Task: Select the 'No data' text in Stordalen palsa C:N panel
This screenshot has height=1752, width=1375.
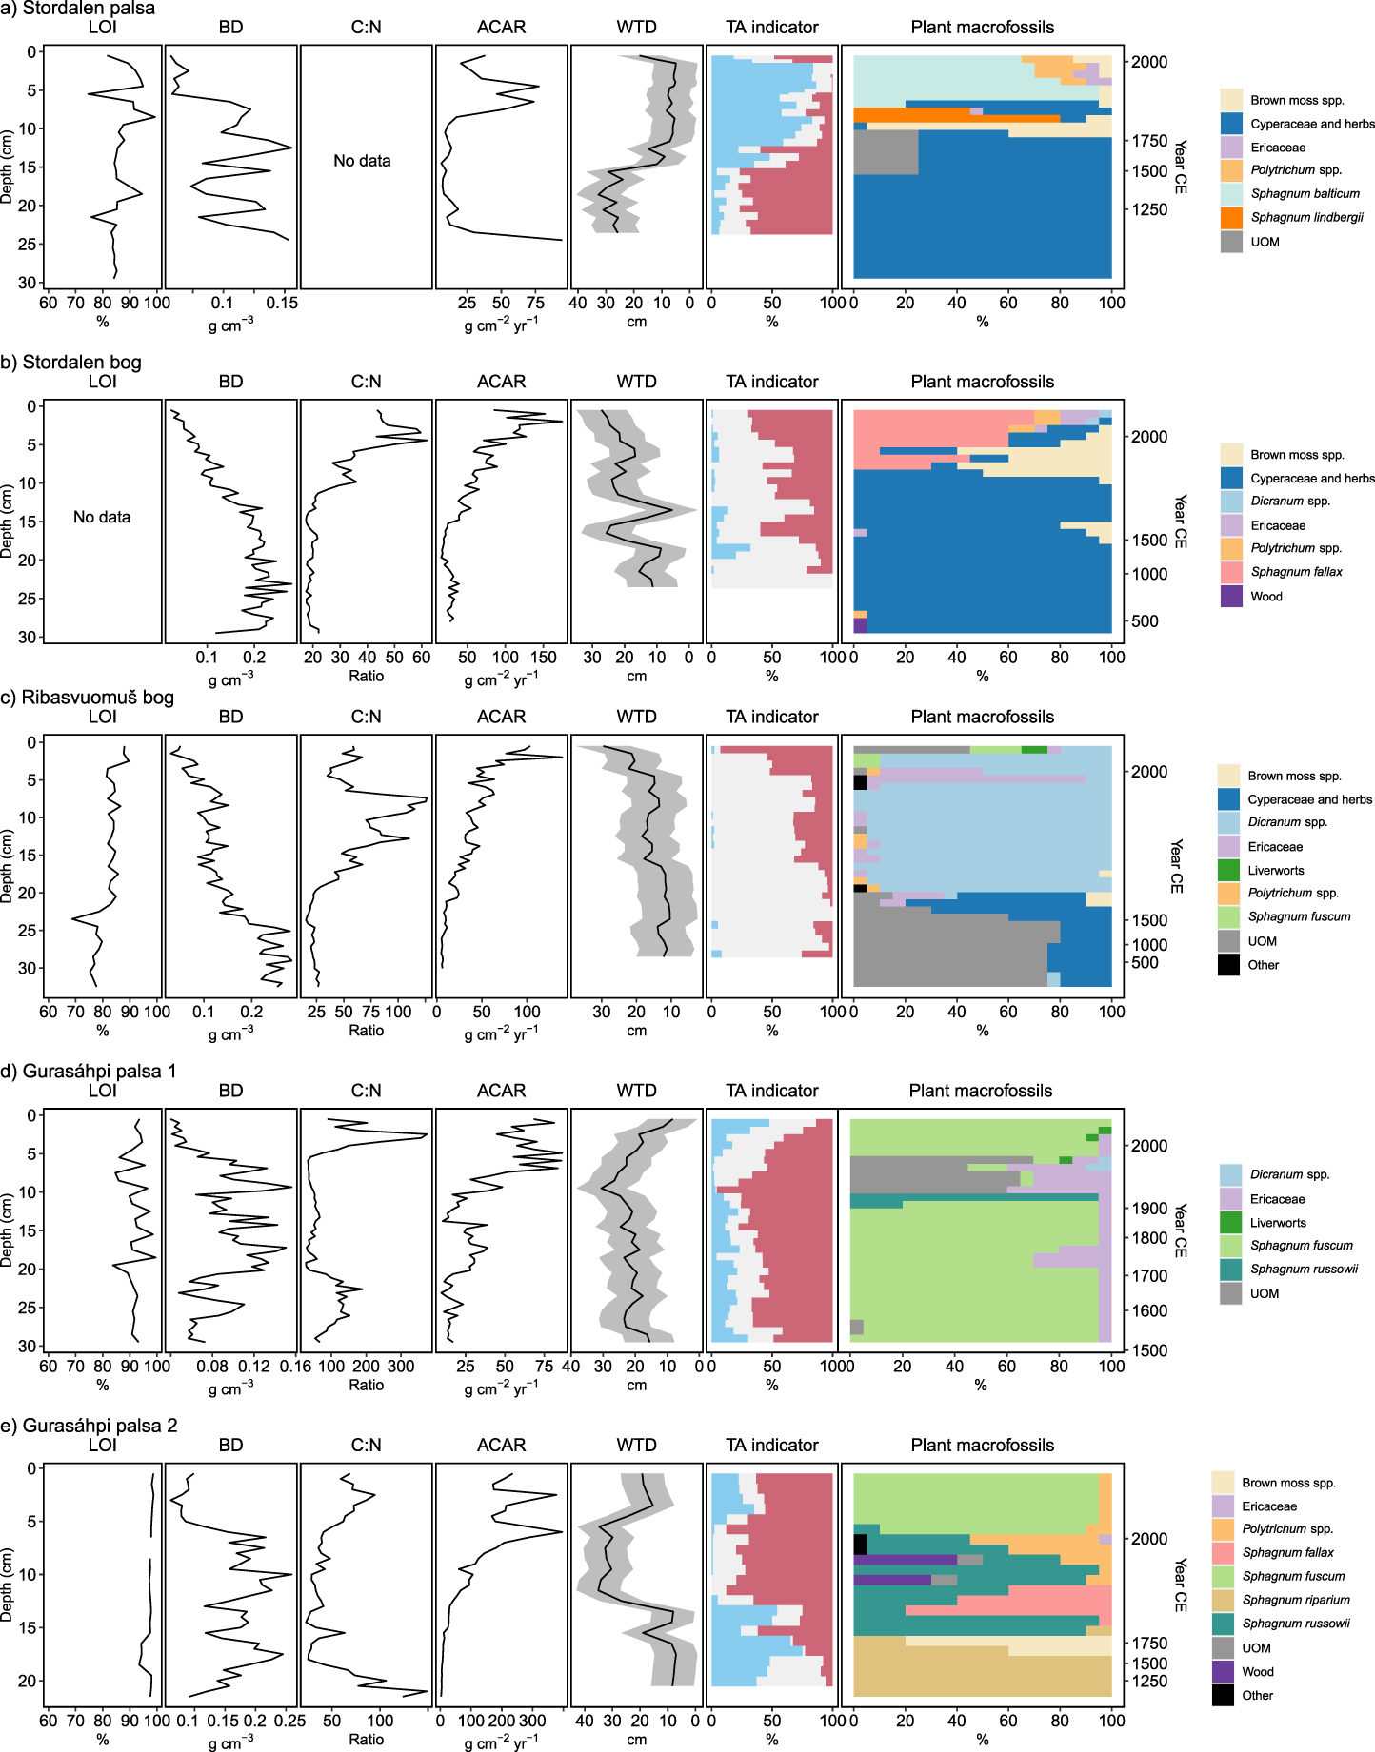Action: (x=362, y=161)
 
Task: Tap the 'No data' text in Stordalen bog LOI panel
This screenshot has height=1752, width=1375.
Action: (x=102, y=517)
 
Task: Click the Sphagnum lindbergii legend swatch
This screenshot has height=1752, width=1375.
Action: (x=1231, y=218)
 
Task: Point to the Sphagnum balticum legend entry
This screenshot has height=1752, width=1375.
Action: (x=1305, y=193)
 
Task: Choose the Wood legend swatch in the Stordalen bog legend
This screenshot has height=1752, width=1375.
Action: (x=1231, y=597)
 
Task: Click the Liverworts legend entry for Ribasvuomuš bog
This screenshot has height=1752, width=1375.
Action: (x=1277, y=870)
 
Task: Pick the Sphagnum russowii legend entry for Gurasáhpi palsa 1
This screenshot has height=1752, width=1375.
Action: (x=1304, y=1269)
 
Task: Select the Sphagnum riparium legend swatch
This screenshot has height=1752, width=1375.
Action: (x=1223, y=1600)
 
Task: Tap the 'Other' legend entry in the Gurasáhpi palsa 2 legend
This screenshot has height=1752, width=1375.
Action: (x=1257, y=1695)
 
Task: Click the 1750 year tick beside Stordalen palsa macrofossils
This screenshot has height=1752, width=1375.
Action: (x=1148, y=141)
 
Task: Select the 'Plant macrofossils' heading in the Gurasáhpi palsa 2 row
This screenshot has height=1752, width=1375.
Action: (x=982, y=1445)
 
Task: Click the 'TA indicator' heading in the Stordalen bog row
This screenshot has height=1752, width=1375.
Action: (x=771, y=382)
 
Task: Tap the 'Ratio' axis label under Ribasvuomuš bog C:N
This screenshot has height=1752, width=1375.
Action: (x=366, y=1030)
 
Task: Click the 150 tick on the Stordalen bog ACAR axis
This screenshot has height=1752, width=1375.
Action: (x=543, y=657)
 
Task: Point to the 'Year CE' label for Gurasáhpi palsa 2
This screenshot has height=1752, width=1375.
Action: (x=1180, y=1585)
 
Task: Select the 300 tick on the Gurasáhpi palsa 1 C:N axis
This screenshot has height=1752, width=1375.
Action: (x=401, y=1366)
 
